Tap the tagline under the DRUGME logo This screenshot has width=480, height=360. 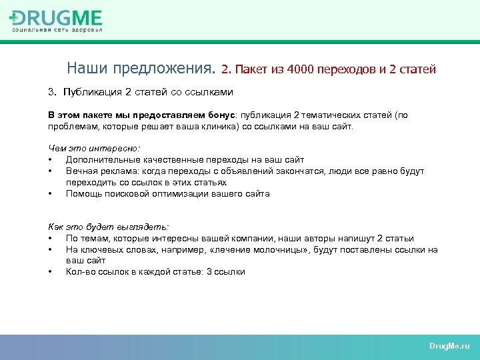(57, 30)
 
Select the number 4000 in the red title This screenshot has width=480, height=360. (303, 69)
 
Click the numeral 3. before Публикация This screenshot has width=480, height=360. (52, 91)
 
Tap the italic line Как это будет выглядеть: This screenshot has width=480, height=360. (109, 227)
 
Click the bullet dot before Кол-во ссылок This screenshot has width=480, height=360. (51, 272)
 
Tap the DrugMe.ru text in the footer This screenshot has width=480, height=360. (449, 347)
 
